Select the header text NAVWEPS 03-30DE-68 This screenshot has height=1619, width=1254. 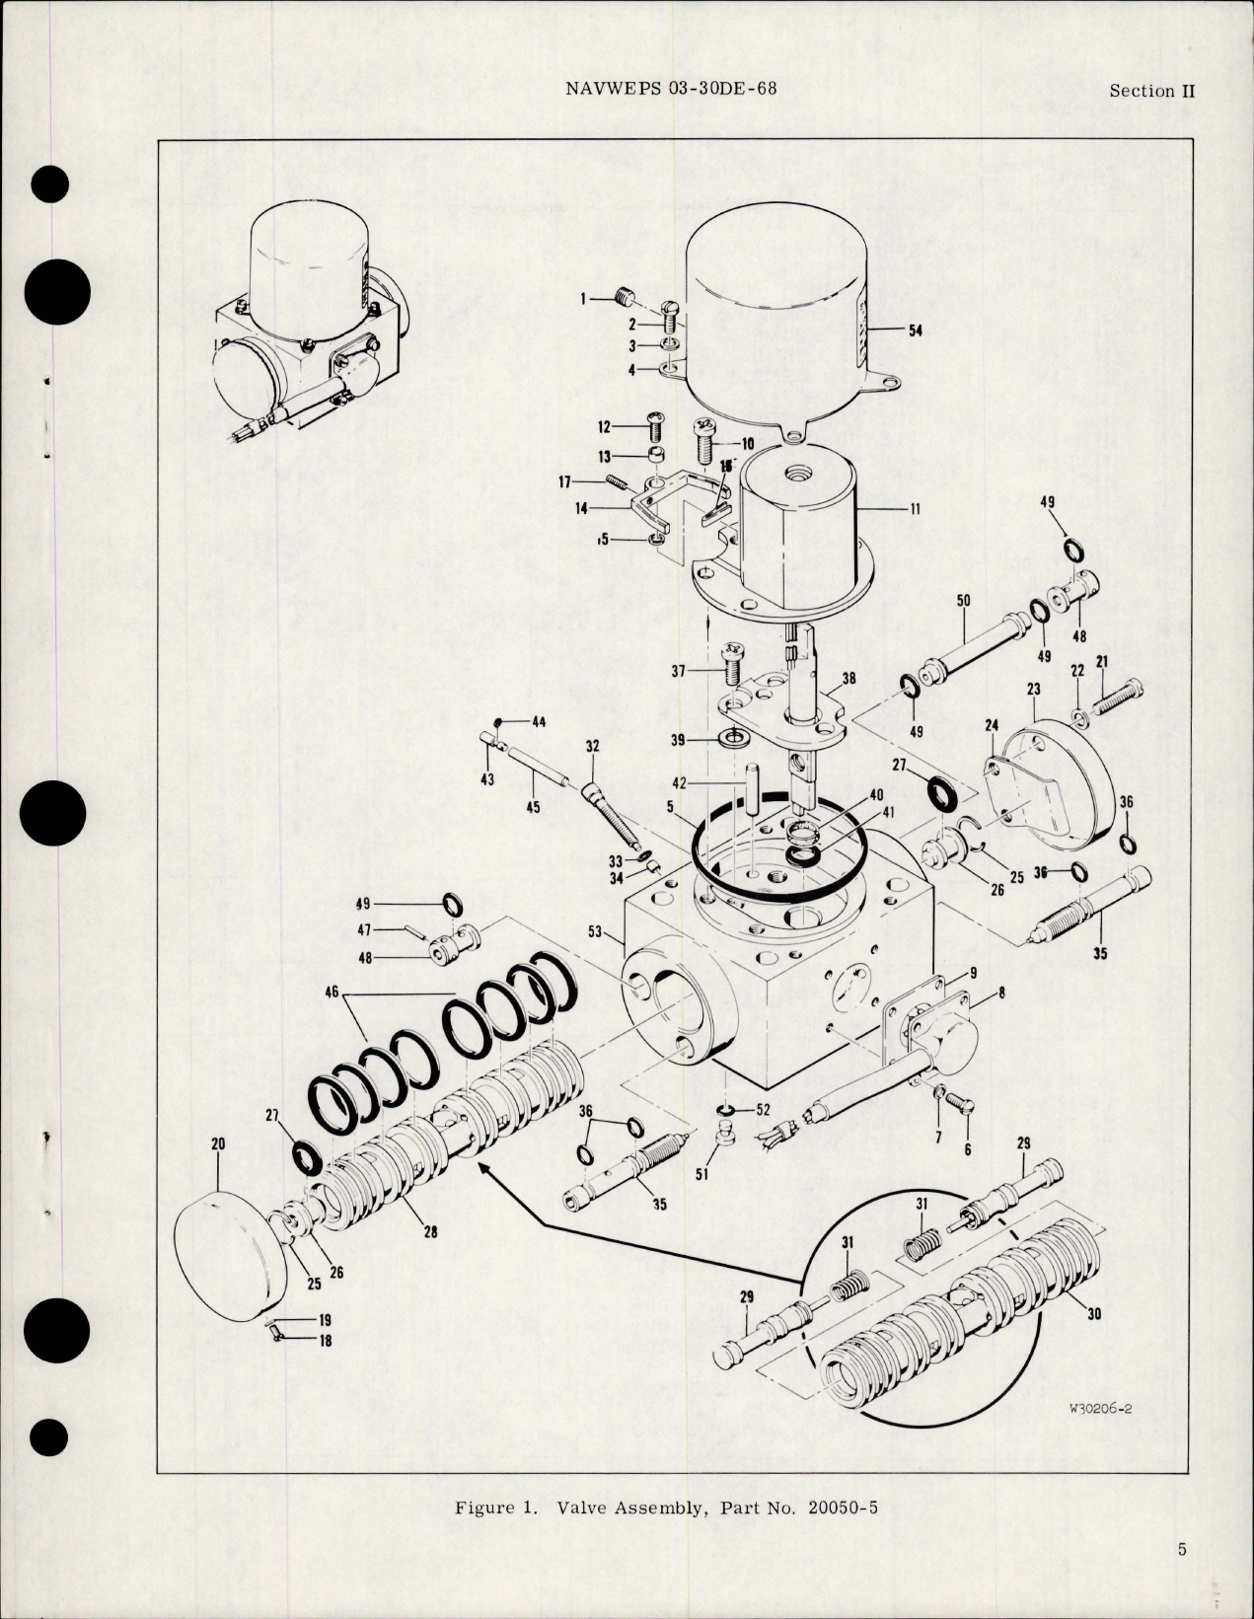click(671, 89)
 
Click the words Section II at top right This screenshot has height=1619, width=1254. click(1151, 91)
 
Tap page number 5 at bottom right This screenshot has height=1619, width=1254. click(1182, 1549)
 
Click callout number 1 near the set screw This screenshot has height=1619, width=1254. click(583, 297)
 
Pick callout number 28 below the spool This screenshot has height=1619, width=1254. click(430, 1230)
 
